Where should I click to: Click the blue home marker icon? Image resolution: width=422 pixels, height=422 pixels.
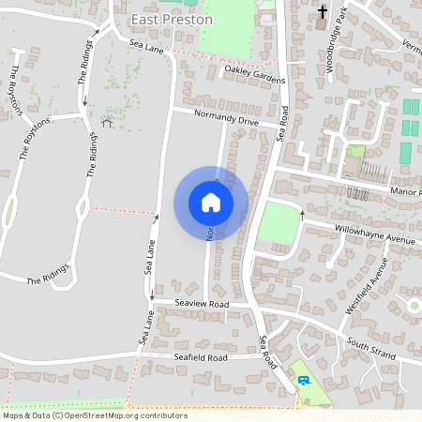point(210,203)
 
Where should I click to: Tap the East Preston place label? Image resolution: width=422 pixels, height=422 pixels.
point(173,19)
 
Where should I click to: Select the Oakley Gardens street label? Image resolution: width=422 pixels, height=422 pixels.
point(253,74)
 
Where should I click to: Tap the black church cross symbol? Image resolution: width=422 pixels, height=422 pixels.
point(323,12)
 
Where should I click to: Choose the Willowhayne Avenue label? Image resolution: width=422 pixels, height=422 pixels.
point(374,234)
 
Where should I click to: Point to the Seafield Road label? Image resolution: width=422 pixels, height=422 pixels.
point(201,357)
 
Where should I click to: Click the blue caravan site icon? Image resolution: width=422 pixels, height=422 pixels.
point(304,380)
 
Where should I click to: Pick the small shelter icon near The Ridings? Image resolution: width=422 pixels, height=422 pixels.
point(106,122)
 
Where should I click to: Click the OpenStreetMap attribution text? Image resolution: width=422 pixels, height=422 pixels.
point(94,414)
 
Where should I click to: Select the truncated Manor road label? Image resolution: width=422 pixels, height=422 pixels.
point(407,191)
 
